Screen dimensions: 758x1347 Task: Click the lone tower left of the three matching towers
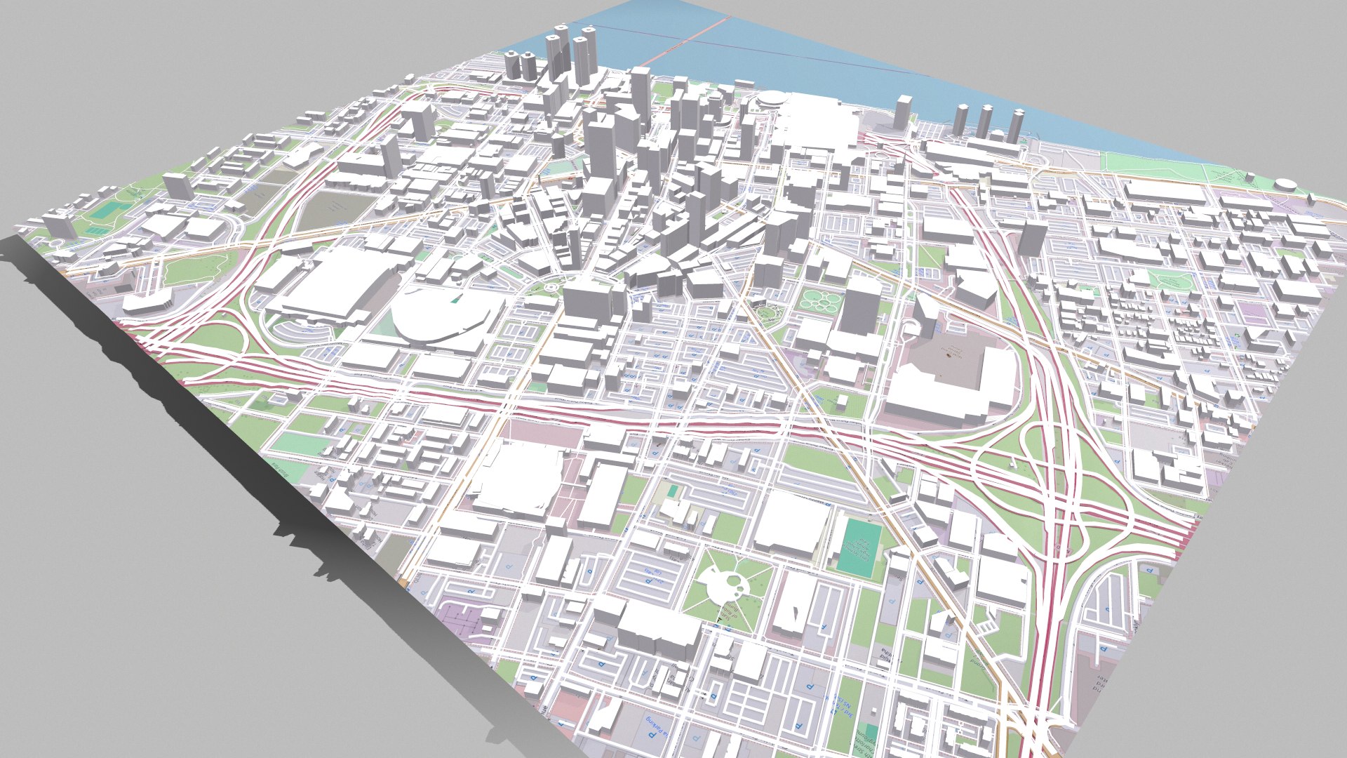903,112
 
